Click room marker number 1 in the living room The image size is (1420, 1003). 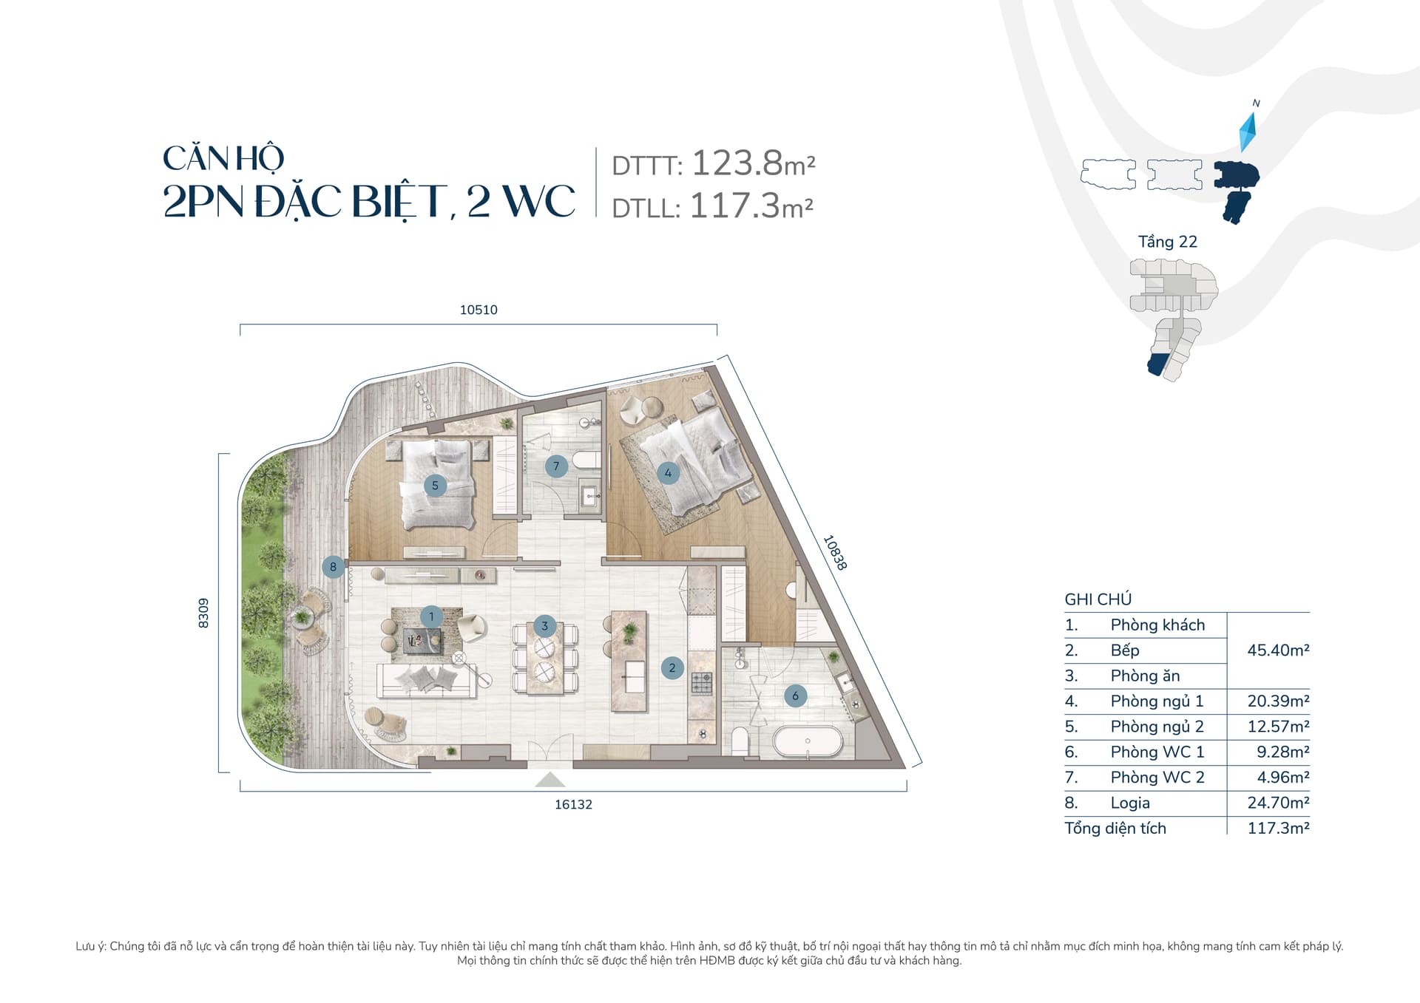(431, 616)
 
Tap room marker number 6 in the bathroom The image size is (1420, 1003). (795, 696)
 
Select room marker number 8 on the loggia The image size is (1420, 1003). (333, 567)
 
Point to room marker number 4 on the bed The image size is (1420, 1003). (668, 473)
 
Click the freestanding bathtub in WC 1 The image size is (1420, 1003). (808, 741)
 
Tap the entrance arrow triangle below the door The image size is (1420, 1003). (550, 780)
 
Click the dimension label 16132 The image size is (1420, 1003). (574, 804)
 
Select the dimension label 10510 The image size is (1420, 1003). (479, 310)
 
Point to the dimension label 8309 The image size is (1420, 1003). (203, 613)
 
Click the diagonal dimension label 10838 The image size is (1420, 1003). (835, 553)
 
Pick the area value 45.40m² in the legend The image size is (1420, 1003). (1278, 650)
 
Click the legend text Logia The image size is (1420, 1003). (1130, 803)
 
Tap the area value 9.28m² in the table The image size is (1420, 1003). (1282, 752)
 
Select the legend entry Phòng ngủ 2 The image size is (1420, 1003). (1157, 727)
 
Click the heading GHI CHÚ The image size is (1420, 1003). (1098, 599)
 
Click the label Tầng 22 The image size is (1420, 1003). (1167, 242)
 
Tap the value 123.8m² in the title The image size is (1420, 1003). (753, 163)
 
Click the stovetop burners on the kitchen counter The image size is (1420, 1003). (701, 683)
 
